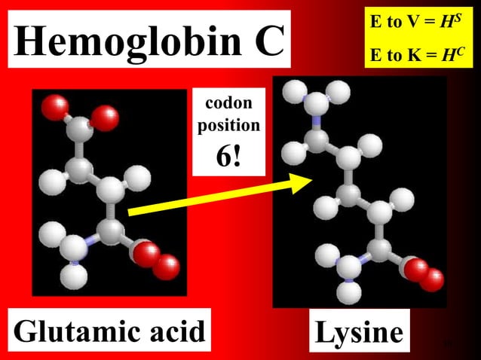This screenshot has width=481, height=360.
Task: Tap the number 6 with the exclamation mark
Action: coord(228,155)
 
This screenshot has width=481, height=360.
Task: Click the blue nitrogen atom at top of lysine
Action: coord(313,121)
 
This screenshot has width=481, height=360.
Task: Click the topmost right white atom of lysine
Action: coord(340,93)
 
